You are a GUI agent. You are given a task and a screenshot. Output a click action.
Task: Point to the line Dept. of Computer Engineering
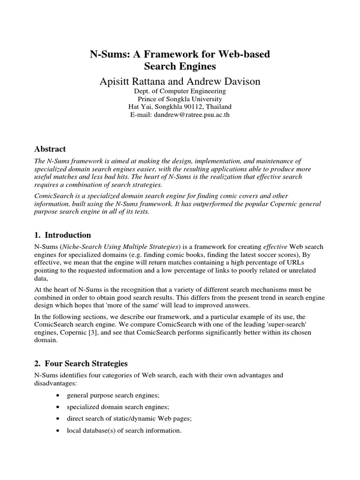click(180, 91)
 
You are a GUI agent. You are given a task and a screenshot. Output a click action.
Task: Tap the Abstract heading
click(50, 149)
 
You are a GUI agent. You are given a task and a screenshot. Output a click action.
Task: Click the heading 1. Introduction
click(63, 235)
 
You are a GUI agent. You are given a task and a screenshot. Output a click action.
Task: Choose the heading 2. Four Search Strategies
click(81, 363)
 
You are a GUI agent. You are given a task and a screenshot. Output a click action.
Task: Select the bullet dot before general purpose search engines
click(57, 396)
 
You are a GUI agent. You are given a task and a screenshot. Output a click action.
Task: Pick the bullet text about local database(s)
click(124, 430)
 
